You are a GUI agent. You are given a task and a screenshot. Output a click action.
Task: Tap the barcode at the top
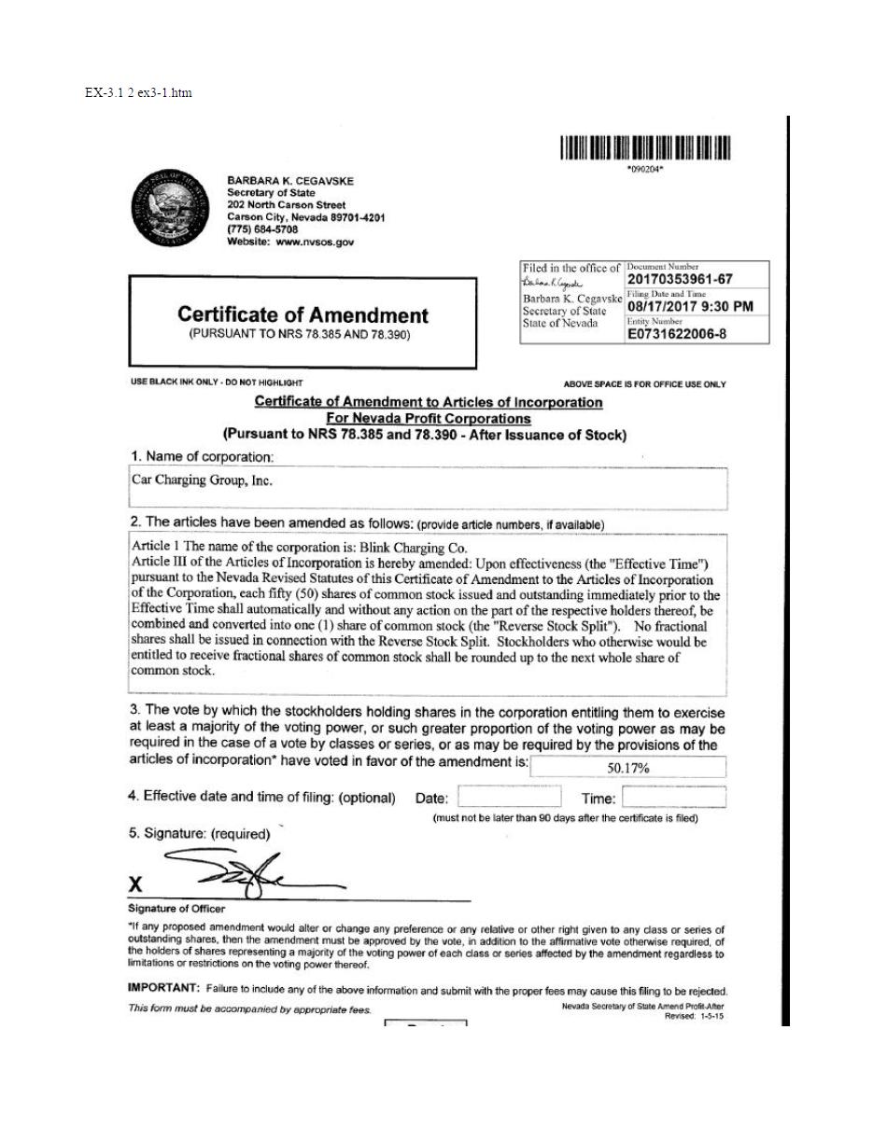click(645, 148)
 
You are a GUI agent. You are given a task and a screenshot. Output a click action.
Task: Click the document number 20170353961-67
click(680, 279)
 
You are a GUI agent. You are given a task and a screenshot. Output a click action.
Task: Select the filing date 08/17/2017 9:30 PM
click(690, 307)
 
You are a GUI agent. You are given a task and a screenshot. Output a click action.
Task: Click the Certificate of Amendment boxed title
click(303, 315)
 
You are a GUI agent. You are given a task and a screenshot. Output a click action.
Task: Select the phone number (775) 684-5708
click(262, 230)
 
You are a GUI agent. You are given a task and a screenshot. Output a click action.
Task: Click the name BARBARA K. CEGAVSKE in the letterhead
click(290, 181)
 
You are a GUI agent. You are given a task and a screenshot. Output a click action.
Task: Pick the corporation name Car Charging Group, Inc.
click(202, 481)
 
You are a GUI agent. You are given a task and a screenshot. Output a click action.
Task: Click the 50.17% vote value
click(627, 769)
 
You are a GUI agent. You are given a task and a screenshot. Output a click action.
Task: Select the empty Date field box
click(509, 798)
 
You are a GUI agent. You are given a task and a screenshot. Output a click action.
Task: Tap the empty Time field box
click(673, 798)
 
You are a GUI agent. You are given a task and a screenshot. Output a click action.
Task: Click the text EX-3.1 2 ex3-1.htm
click(138, 92)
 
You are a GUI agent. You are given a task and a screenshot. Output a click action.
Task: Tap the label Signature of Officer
click(176, 909)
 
